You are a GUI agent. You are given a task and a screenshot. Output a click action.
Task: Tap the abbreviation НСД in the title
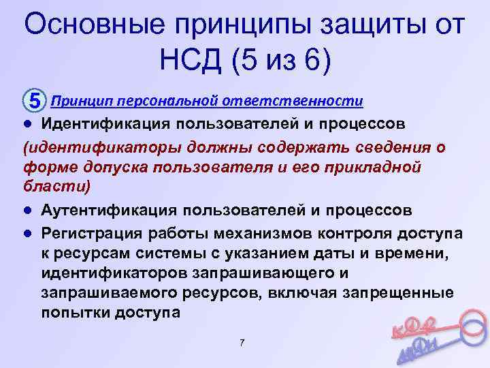tap(193, 62)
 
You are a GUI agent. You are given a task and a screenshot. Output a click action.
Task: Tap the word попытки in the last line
tap(69, 312)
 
